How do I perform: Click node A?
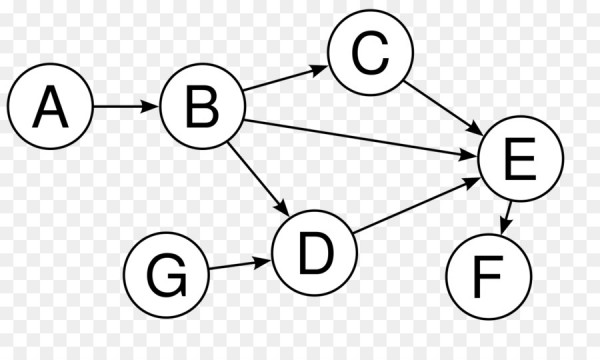click(x=50, y=106)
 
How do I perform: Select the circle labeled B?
click(x=202, y=106)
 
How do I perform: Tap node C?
click(x=368, y=56)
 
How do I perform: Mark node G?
click(x=165, y=273)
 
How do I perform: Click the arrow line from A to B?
click(x=124, y=106)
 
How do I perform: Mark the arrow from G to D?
click(x=240, y=265)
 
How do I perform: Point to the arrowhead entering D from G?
click(x=267, y=262)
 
